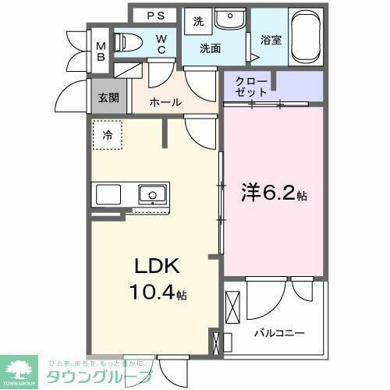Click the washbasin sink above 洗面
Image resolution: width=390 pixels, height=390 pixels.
(229, 19)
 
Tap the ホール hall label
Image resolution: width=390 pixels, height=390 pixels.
(165, 102)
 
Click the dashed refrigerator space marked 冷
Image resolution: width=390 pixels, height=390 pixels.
(108, 135)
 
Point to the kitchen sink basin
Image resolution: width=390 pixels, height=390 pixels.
(152, 193)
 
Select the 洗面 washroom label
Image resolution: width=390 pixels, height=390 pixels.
(209, 48)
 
